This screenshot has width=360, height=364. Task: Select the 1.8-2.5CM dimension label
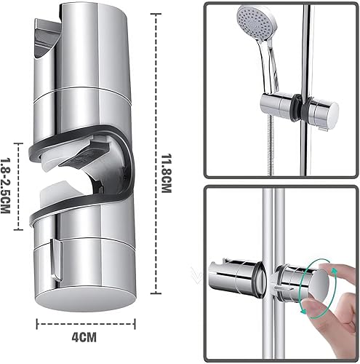(x=7, y=187)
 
